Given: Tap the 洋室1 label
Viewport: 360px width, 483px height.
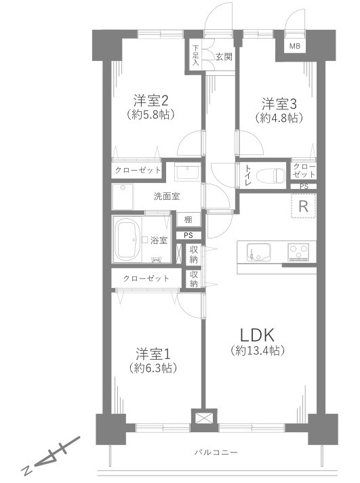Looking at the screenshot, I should (x=152, y=353).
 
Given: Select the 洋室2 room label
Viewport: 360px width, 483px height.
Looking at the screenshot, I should (x=151, y=101).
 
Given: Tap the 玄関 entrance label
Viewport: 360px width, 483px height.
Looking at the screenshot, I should (x=224, y=57).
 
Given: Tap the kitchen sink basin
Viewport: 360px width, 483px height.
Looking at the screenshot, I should (x=258, y=252).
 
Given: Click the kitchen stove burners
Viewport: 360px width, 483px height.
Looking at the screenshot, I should (x=299, y=252).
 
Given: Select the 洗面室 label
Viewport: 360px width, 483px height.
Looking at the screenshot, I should (x=166, y=197).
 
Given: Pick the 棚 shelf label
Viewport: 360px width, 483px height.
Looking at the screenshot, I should (x=187, y=219).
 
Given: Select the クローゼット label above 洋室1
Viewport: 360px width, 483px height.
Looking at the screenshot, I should (x=146, y=278).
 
